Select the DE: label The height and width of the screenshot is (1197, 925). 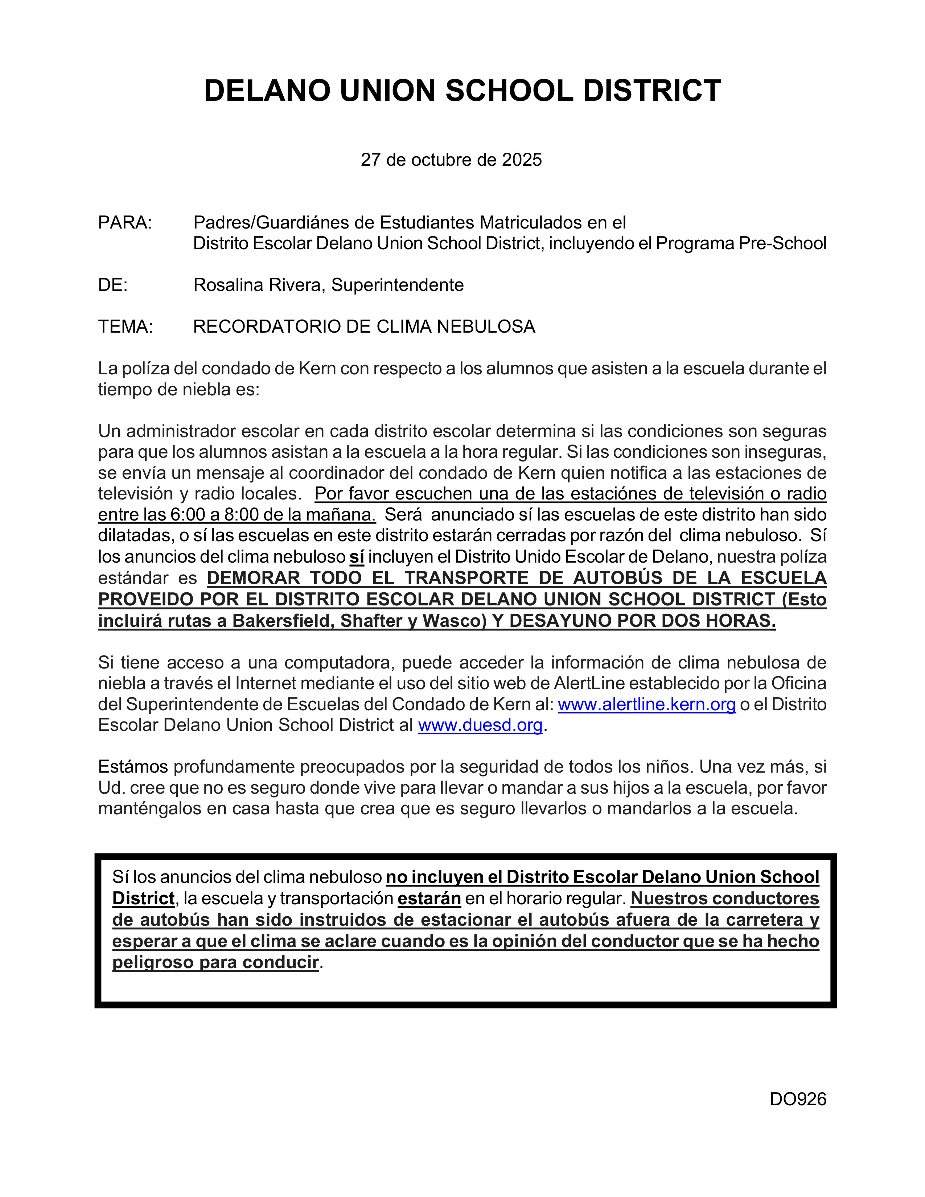113,285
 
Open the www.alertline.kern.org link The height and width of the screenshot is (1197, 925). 647,704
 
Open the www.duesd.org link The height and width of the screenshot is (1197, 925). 480,725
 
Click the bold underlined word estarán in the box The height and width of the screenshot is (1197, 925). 429,898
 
